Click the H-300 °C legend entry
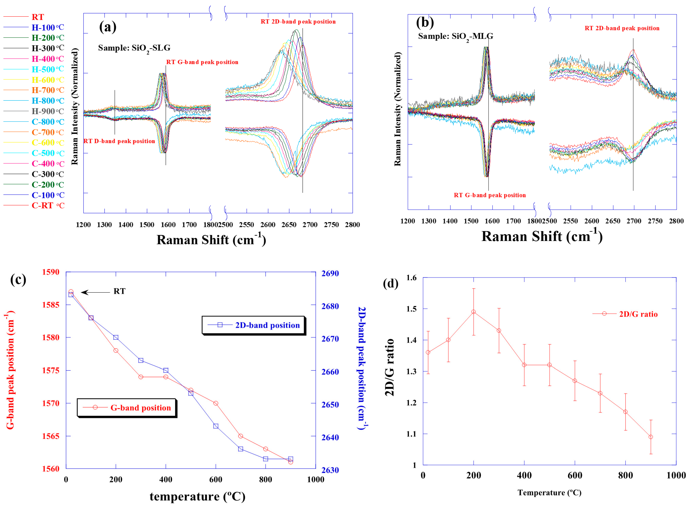(48, 48)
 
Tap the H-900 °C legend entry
(48, 111)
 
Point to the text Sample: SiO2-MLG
(455, 37)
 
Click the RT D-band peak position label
(119, 141)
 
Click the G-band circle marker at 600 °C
(216, 403)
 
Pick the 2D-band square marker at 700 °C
(241, 449)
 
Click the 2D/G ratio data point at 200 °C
(474, 312)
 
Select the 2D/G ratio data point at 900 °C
(651, 437)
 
